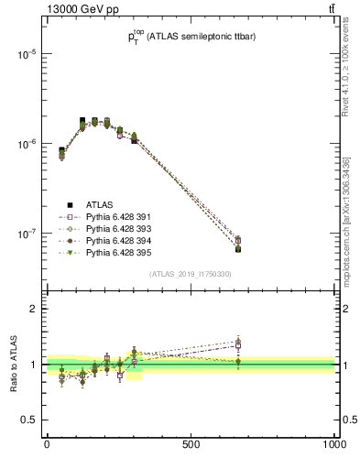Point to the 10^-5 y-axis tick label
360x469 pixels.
pos(24,54)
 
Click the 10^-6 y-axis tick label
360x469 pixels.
pos(24,144)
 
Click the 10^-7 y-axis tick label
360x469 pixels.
pos(24,234)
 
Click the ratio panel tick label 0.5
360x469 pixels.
pos(29,420)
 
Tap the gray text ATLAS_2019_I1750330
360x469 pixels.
pos(191,274)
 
